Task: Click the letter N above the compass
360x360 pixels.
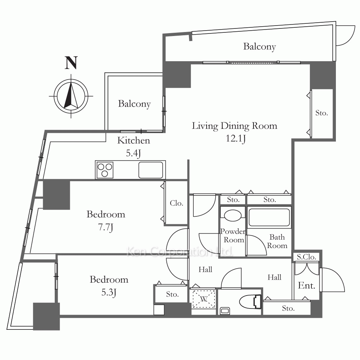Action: pos(71,63)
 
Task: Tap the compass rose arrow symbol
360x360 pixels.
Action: pos(71,96)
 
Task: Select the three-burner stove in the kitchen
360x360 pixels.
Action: pos(105,170)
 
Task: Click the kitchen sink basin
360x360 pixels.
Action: pos(151,170)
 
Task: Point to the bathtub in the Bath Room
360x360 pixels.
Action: pos(269,217)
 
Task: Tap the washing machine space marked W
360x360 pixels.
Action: pos(204,299)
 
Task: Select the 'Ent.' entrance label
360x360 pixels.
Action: pos(306,285)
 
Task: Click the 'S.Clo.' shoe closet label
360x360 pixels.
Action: pos(306,257)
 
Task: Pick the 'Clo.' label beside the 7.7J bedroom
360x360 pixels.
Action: pos(176,203)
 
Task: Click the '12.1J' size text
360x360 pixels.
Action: pos(236,139)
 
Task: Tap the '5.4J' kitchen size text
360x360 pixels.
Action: pos(133,153)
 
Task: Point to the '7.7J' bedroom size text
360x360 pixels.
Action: pos(105,227)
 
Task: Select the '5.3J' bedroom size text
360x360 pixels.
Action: pos(109,292)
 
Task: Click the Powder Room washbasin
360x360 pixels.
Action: pos(233,215)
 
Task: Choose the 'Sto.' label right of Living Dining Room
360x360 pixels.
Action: pos(321,113)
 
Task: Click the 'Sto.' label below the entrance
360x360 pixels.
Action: pos(288,308)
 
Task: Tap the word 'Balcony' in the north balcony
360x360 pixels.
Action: pos(260,46)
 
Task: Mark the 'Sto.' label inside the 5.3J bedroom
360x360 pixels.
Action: pos(172,294)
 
